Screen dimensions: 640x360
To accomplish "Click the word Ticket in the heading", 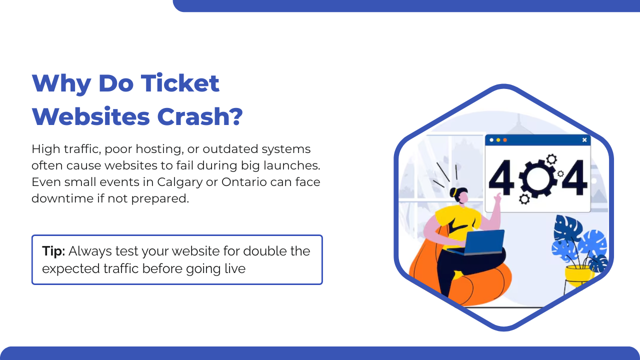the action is click(180, 83).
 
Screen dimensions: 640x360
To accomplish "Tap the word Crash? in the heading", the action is click(200, 117).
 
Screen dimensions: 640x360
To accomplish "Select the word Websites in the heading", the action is click(91, 117).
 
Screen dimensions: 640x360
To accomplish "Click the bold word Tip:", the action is click(53, 251).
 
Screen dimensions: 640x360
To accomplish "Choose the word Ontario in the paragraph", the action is click(244, 182).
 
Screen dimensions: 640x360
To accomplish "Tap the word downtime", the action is click(62, 198).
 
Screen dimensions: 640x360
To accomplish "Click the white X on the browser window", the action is click(584, 139).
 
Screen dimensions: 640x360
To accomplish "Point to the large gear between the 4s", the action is click(537, 178).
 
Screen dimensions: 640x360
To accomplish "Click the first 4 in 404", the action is click(501, 177).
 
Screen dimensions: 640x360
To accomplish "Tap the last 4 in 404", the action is click(574, 177).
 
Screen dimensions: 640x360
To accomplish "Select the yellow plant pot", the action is click(578, 275).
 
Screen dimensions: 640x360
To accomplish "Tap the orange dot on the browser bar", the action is click(505, 140).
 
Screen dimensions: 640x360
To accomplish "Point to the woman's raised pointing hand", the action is click(497, 197).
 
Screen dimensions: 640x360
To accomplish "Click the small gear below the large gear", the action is click(524, 199).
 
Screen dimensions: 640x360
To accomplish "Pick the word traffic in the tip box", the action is click(121, 268).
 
